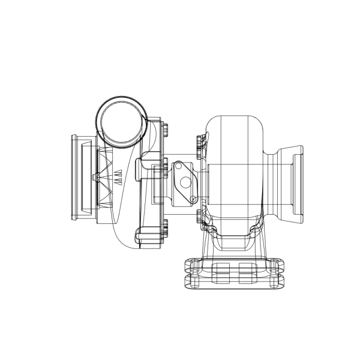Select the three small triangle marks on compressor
pyautogui.click(x=118, y=176)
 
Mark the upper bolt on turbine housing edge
pyautogui.click(x=199, y=142)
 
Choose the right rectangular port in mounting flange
pyautogui.click(x=247, y=272)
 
